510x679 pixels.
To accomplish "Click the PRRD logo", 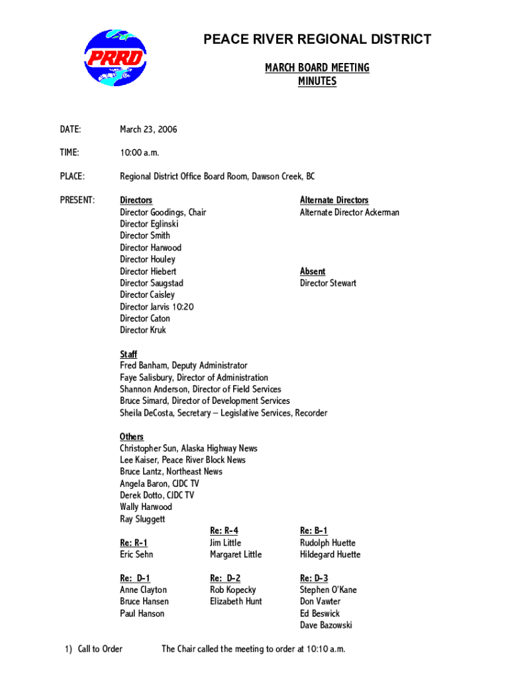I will pos(115,57).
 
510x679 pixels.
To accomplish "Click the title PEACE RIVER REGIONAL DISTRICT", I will pos(317,40).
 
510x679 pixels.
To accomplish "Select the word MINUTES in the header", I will pos(317,82).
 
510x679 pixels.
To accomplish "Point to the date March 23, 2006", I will pos(148,129).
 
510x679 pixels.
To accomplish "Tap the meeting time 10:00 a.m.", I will pos(140,153).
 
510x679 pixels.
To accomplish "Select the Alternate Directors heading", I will pos(334,200).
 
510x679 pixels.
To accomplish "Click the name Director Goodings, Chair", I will pos(163,212).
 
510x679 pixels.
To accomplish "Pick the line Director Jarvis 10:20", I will pos(156,306).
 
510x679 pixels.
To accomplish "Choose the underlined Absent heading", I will pos(313,271).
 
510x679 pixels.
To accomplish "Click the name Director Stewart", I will pos(328,283).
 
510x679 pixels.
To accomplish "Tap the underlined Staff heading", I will pos(128,354).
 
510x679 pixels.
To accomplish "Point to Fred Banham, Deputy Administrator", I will pos(183,365).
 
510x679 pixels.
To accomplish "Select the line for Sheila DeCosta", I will pos(223,413).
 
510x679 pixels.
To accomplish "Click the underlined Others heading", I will pos(132,436).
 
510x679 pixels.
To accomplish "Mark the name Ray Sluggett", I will pos(142,519).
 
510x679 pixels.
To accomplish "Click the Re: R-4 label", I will pos(224,530).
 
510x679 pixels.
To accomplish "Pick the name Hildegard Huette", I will pos(330,554).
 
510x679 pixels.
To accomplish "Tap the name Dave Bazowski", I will pos(326,625).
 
